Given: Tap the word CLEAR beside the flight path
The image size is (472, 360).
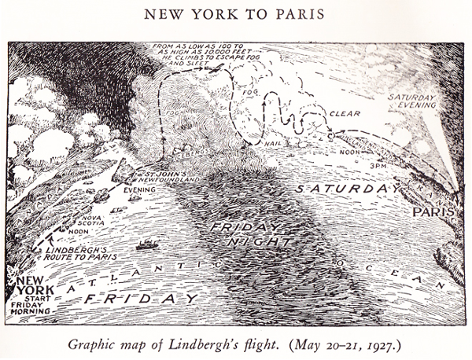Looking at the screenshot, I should click(x=344, y=113).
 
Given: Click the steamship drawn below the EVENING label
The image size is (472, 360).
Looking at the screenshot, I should click(x=146, y=245).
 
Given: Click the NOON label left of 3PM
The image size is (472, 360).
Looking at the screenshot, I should click(x=327, y=153).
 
